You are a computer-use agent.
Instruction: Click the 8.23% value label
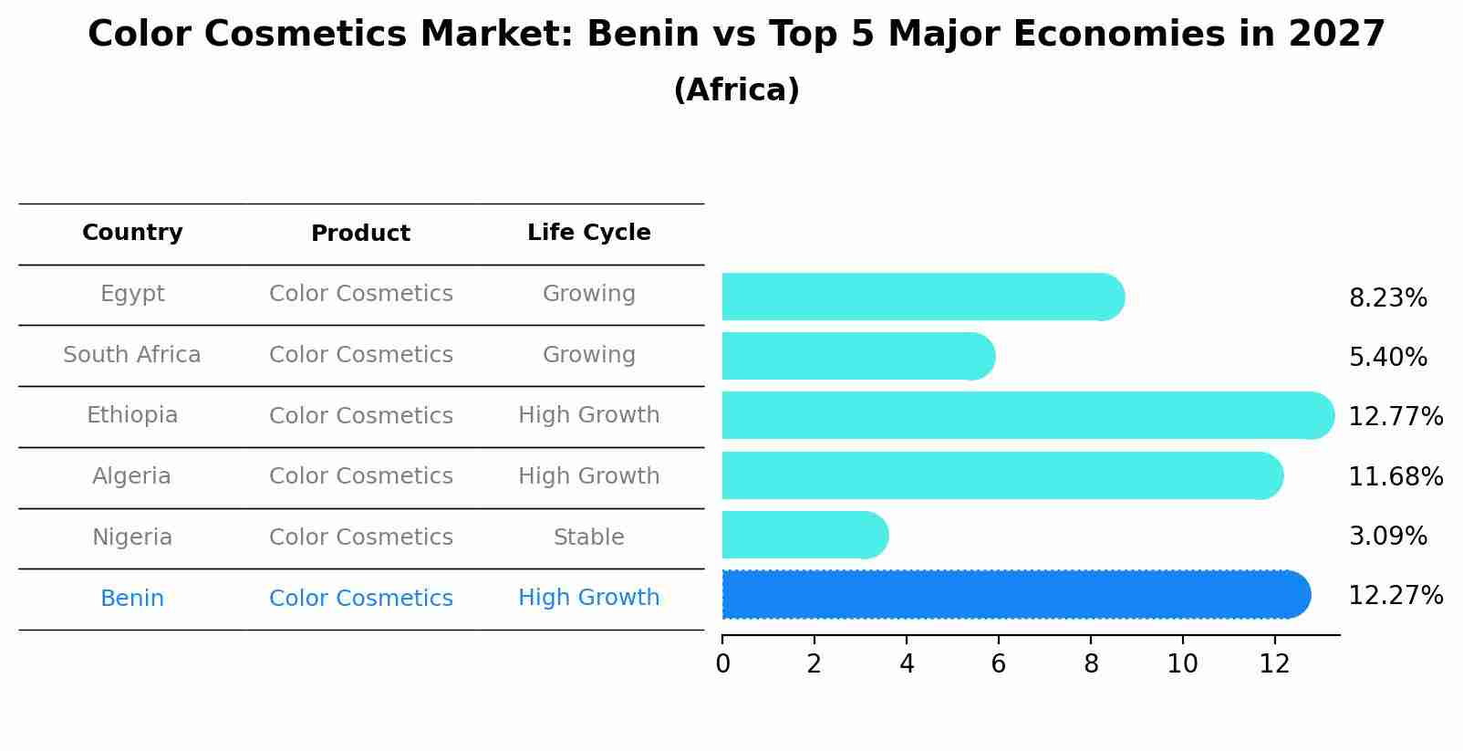tap(1387, 298)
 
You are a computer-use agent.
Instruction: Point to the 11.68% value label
tap(1395, 476)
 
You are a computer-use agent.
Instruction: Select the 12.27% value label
tap(1395, 596)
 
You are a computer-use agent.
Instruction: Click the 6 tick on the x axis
tap(999, 664)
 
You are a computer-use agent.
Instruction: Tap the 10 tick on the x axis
tap(1182, 664)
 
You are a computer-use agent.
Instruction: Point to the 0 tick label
tap(722, 664)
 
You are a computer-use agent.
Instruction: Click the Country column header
tap(132, 233)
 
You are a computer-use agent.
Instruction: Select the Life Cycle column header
tap(588, 233)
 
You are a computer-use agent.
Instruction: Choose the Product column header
tap(360, 234)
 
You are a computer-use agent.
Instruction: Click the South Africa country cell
tap(132, 355)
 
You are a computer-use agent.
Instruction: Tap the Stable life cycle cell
tap(588, 537)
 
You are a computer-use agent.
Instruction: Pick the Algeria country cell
tap(132, 476)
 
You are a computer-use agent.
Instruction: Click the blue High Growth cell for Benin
tap(588, 598)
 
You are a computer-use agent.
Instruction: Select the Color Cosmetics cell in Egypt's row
tap(360, 294)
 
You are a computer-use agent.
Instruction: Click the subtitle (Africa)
tap(736, 90)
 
